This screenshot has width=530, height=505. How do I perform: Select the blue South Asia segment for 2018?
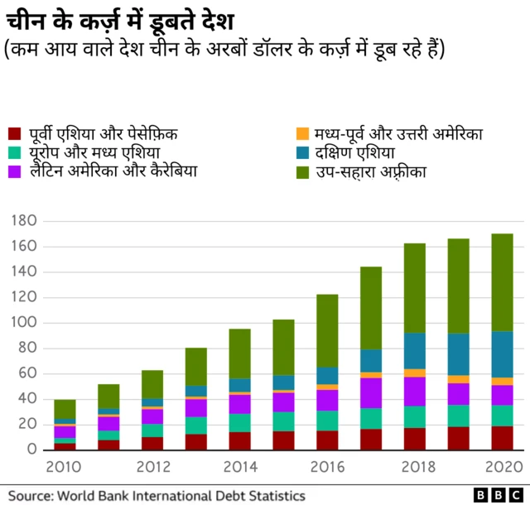415,351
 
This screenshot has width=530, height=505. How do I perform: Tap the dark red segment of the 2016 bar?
327,440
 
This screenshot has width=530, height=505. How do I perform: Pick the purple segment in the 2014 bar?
240,403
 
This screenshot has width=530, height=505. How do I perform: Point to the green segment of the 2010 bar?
65,410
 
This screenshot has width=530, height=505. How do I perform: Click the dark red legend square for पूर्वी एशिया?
15,133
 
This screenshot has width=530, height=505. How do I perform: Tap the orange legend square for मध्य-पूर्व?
303,133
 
